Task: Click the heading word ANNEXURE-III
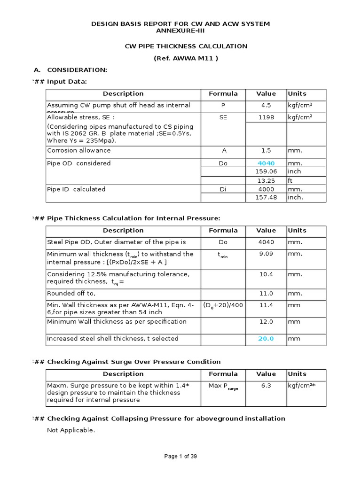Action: pyautogui.click(x=180, y=31)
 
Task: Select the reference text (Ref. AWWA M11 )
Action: pyautogui.click(x=186, y=58)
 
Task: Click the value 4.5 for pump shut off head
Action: pyautogui.click(x=266, y=106)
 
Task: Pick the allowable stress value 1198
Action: pyautogui.click(x=266, y=117)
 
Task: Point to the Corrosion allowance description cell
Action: pyautogui.click(x=79, y=151)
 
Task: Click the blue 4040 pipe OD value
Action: pyautogui.click(x=266, y=163)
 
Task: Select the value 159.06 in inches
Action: pyautogui.click(x=266, y=172)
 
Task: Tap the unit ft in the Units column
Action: pyautogui.click(x=291, y=181)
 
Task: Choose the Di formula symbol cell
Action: pyautogui.click(x=223, y=190)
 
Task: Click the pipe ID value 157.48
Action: pyautogui.click(x=266, y=198)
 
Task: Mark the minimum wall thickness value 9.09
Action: pyautogui.click(x=266, y=254)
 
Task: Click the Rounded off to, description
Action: pyautogui.click(x=71, y=294)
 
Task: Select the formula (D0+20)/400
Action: pyautogui.click(x=223, y=305)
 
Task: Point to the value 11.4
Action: pyautogui.click(x=266, y=305)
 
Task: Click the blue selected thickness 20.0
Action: pyautogui.click(x=266, y=339)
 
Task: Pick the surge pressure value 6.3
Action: pyautogui.click(x=266, y=386)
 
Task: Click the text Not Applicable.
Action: pyautogui.click(x=71, y=430)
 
